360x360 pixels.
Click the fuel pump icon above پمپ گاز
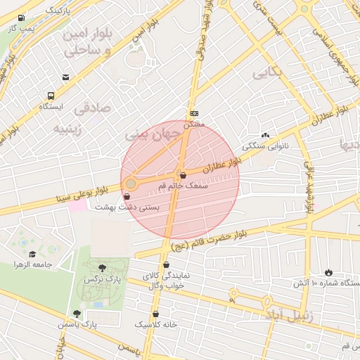coord(20,18)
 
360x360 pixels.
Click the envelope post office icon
coord(65,77)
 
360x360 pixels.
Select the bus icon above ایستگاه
coord(51,96)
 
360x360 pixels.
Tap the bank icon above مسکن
coord(194,114)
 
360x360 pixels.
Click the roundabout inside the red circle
coord(131,184)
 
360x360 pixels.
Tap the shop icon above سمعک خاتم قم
coord(183,176)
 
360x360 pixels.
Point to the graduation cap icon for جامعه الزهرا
coord(32,254)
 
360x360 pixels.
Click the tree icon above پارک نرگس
coord(103,267)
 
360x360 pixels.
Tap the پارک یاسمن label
coord(78,324)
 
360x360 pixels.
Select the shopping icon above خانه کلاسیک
coord(155,314)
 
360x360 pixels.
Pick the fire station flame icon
coord(328,272)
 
